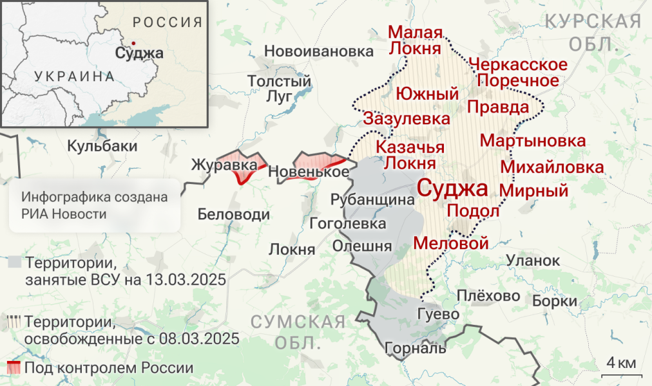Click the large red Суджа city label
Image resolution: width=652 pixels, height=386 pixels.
coord(453,188)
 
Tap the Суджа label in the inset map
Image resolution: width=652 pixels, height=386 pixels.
coord(139,53)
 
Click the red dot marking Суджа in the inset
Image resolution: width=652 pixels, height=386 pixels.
coord(133,43)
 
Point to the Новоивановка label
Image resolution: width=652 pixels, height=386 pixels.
coord(319,51)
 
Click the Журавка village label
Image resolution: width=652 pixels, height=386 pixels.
coord(220,165)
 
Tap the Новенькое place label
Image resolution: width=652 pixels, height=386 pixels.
coord(309,172)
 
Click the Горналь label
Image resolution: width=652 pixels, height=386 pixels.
coord(415,349)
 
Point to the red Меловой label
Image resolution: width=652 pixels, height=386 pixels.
coord(450,243)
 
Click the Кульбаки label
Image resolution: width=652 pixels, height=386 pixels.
coord(102,146)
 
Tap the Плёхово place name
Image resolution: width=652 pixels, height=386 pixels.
coord(488,296)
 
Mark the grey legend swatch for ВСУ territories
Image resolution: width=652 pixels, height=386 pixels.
coord(14,262)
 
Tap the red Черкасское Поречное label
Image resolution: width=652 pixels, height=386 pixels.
coord(519,73)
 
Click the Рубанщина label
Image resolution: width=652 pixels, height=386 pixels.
coord(372,200)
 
